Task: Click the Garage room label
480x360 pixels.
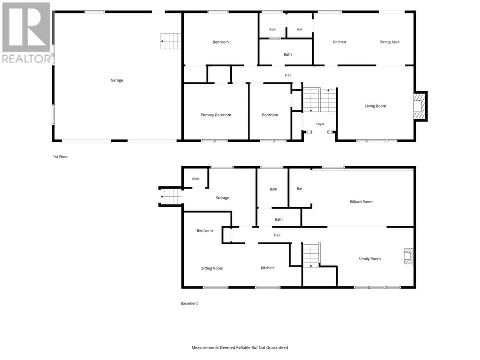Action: [117, 80]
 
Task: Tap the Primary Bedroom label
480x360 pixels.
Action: [216, 115]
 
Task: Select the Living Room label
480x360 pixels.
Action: [375, 106]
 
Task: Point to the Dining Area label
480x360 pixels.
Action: [389, 42]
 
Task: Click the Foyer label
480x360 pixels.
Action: [320, 124]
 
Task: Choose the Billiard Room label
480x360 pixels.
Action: [361, 202]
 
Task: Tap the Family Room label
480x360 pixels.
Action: [370, 259]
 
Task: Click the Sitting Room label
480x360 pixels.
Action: [212, 268]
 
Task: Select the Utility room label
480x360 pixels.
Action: [195, 179]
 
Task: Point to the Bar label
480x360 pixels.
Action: [299, 189]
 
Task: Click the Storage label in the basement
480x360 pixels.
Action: [222, 198]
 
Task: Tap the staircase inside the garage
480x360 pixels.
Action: [171, 41]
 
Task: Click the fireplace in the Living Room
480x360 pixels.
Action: [419, 106]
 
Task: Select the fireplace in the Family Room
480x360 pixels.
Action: [408, 256]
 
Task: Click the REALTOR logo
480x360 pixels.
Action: [27, 33]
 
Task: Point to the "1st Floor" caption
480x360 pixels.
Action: [60, 157]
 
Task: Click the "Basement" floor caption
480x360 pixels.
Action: [189, 303]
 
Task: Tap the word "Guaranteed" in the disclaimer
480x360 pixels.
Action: [277, 348]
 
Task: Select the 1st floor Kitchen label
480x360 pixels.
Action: [339, 42]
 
